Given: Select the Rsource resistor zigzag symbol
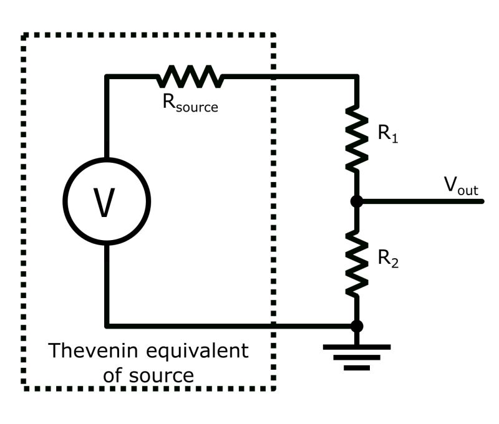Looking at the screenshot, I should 190,77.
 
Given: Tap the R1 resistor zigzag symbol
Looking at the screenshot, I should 356,138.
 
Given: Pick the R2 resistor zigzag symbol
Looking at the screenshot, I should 356,263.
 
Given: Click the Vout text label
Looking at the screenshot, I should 460,185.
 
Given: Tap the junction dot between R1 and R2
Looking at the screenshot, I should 356,201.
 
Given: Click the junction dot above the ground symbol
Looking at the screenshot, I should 356,325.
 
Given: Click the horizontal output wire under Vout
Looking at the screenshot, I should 424,201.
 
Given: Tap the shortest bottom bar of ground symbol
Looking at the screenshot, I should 356,367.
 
